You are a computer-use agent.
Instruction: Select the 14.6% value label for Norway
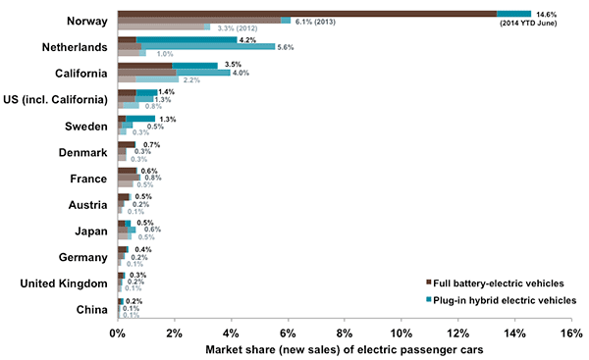pyautogui.click(x=546, y=14)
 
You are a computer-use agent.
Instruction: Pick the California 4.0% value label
pyautogui.click(x=242, y=72)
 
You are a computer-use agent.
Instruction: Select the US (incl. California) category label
pyautogui.click(x=56, y=99)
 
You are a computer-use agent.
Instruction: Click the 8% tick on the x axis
pyautogui.click(x=345, y=334)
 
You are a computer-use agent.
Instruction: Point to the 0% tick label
pyautogui.click(x=118, y=334)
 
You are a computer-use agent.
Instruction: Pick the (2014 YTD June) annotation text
pyautogui.click(x=546, y=23)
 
